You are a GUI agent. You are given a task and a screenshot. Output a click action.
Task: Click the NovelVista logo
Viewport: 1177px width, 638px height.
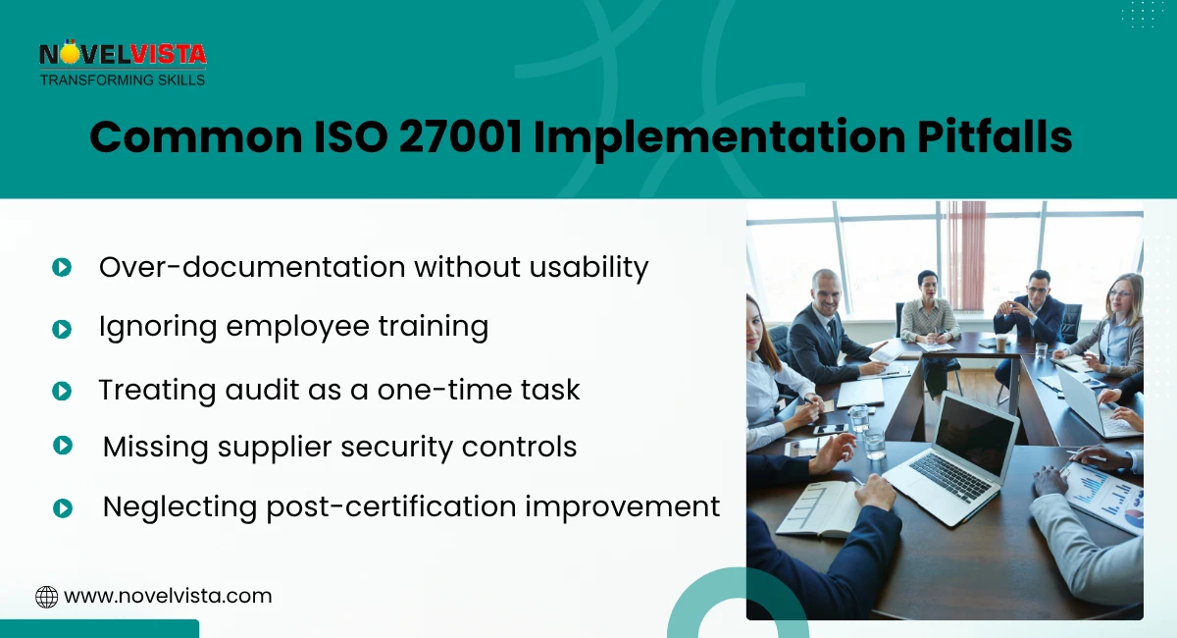pos(123,56)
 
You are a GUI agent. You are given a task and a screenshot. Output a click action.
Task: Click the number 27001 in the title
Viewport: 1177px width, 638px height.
pos(459,138)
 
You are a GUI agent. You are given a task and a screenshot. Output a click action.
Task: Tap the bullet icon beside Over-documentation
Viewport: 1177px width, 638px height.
pos(62,267)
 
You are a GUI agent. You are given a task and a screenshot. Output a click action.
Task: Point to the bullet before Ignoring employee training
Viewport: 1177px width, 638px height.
pos(62,329)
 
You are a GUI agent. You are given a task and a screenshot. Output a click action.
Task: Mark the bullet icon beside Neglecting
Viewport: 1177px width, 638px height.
pos(63,507)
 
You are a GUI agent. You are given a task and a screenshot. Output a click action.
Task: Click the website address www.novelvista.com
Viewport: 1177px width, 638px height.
pos(168,596)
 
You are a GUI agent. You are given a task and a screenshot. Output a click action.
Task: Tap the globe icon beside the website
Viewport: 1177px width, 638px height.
pos(46,597)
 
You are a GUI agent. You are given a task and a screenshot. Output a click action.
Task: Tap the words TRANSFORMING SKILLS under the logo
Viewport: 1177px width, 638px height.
pos(123,80)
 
